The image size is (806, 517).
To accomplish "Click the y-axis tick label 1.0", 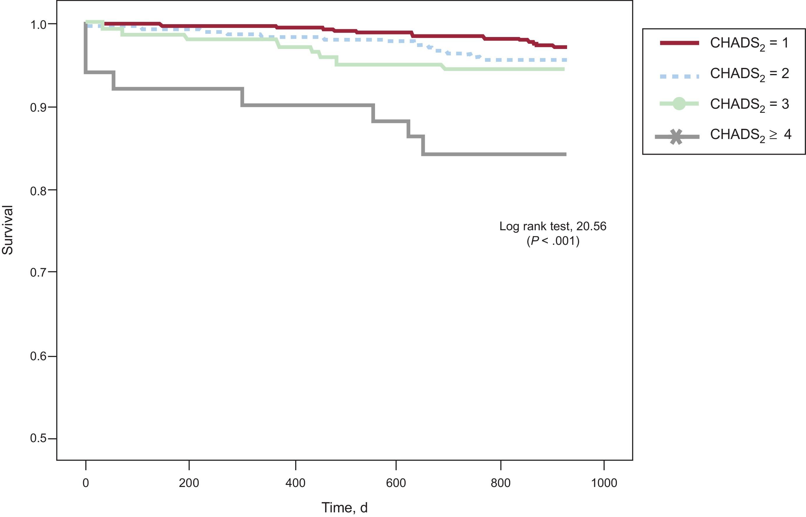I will click(x=38, y=25).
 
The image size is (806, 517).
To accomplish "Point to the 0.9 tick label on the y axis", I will click(x=38, y=108).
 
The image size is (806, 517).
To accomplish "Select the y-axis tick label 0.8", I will click(x=38, y=191).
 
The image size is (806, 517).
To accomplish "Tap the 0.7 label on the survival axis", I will click(x=38, y=272).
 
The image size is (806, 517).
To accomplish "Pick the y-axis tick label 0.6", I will click(x=38, y=356).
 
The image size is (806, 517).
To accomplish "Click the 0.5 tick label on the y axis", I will click(x=38, y=438).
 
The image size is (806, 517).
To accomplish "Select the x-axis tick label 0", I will click(x=86, y=483).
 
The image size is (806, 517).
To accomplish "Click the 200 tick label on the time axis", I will click(x=189, y=483).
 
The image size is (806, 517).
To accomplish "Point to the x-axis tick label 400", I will click(x=295, y=483).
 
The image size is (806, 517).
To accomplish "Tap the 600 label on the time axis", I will click(x=396, y=483).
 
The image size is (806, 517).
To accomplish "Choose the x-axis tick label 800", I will click(x=501, y=483).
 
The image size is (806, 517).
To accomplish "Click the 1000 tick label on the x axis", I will click(x=604, y=483).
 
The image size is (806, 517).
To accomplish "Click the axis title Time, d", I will click(x=344, y=508).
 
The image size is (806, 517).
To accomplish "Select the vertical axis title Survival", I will click(x=7, y=230).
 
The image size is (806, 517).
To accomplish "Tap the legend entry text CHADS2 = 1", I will click(x=749, y=44).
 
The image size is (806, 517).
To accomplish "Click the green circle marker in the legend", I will click(x=679, y=104).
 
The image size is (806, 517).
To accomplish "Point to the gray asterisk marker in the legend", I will click(x=676, y=137).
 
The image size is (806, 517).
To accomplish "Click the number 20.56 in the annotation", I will click(x=591, y=226).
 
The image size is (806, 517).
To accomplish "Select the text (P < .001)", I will click(x=553, y=241).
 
